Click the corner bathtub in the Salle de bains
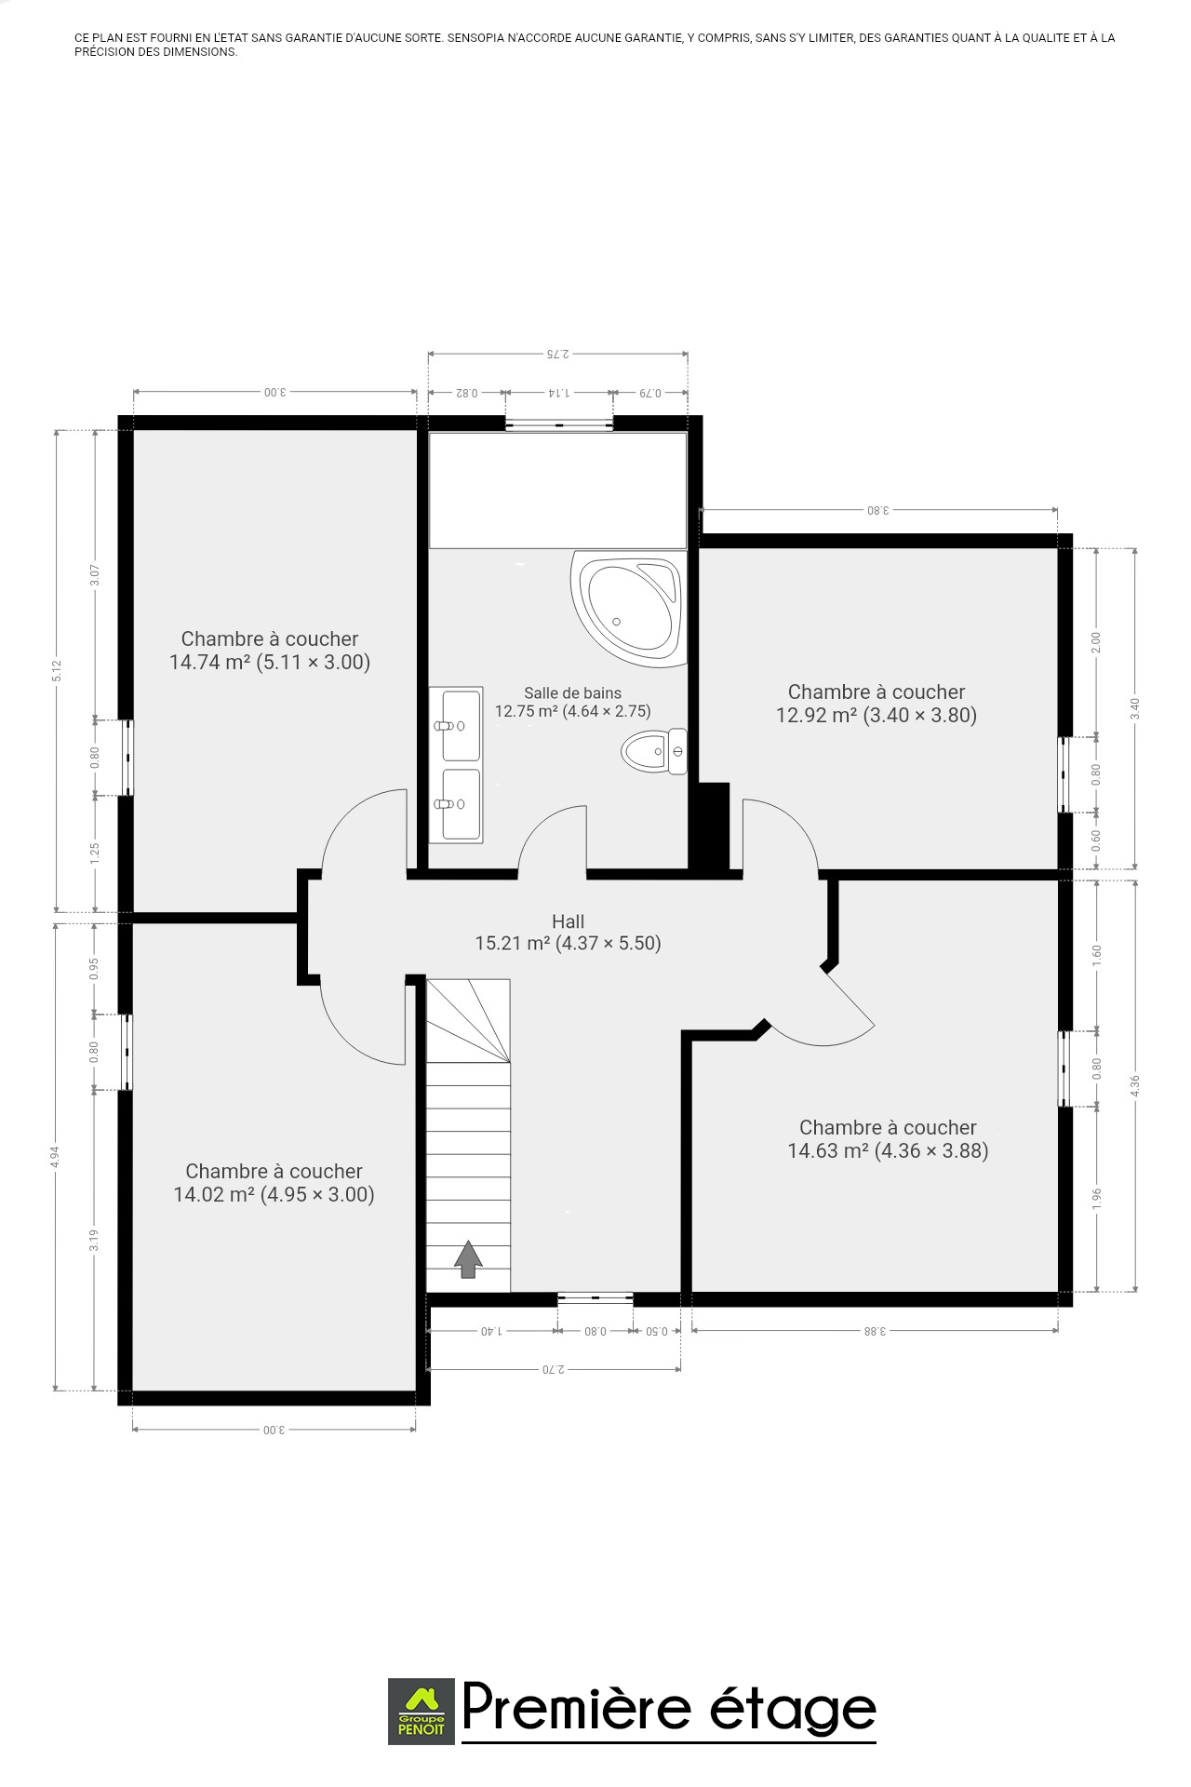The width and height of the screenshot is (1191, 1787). click(x=629, y=609)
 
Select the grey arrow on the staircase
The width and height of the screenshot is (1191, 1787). click(x=468, y=1259)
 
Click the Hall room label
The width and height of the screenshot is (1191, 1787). click(x=568, y=921)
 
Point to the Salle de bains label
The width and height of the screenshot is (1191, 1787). click(x=572, y=692)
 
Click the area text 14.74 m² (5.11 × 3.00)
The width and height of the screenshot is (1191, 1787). click(x=270, y=663)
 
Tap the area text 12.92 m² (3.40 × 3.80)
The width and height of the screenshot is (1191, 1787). click(x=877, y=716)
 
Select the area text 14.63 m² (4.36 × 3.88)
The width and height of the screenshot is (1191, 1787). click(x=888, y=1151)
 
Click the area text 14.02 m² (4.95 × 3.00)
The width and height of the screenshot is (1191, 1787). click(x=274, y=1195)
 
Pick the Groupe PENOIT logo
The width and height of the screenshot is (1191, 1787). click(x=422, y=1711)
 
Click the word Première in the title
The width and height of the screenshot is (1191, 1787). click(x=577, y=1708)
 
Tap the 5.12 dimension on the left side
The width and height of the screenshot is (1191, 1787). click(x=57, y=670)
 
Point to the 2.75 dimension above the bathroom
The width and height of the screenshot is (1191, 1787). click(x=557, y=354)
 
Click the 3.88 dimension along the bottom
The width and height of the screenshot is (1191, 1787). click(x=875, y=1331)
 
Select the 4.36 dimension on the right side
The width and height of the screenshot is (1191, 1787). click(x=1135, y=1085)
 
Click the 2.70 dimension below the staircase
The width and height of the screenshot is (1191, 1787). click(x=554, y=1370)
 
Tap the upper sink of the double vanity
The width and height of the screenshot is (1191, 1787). click(x=461, y=726)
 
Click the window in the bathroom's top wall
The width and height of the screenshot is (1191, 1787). click(x=559, y=424)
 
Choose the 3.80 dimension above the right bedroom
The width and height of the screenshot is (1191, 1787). click(x=878, y=510)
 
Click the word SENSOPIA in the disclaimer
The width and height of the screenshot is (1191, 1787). click(x=475, y=38)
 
